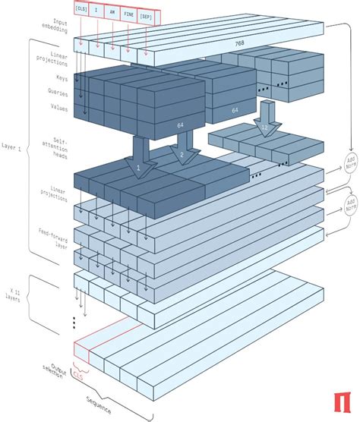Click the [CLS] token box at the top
click(x=81, y=8)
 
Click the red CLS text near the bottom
click(x=79, y=375)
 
